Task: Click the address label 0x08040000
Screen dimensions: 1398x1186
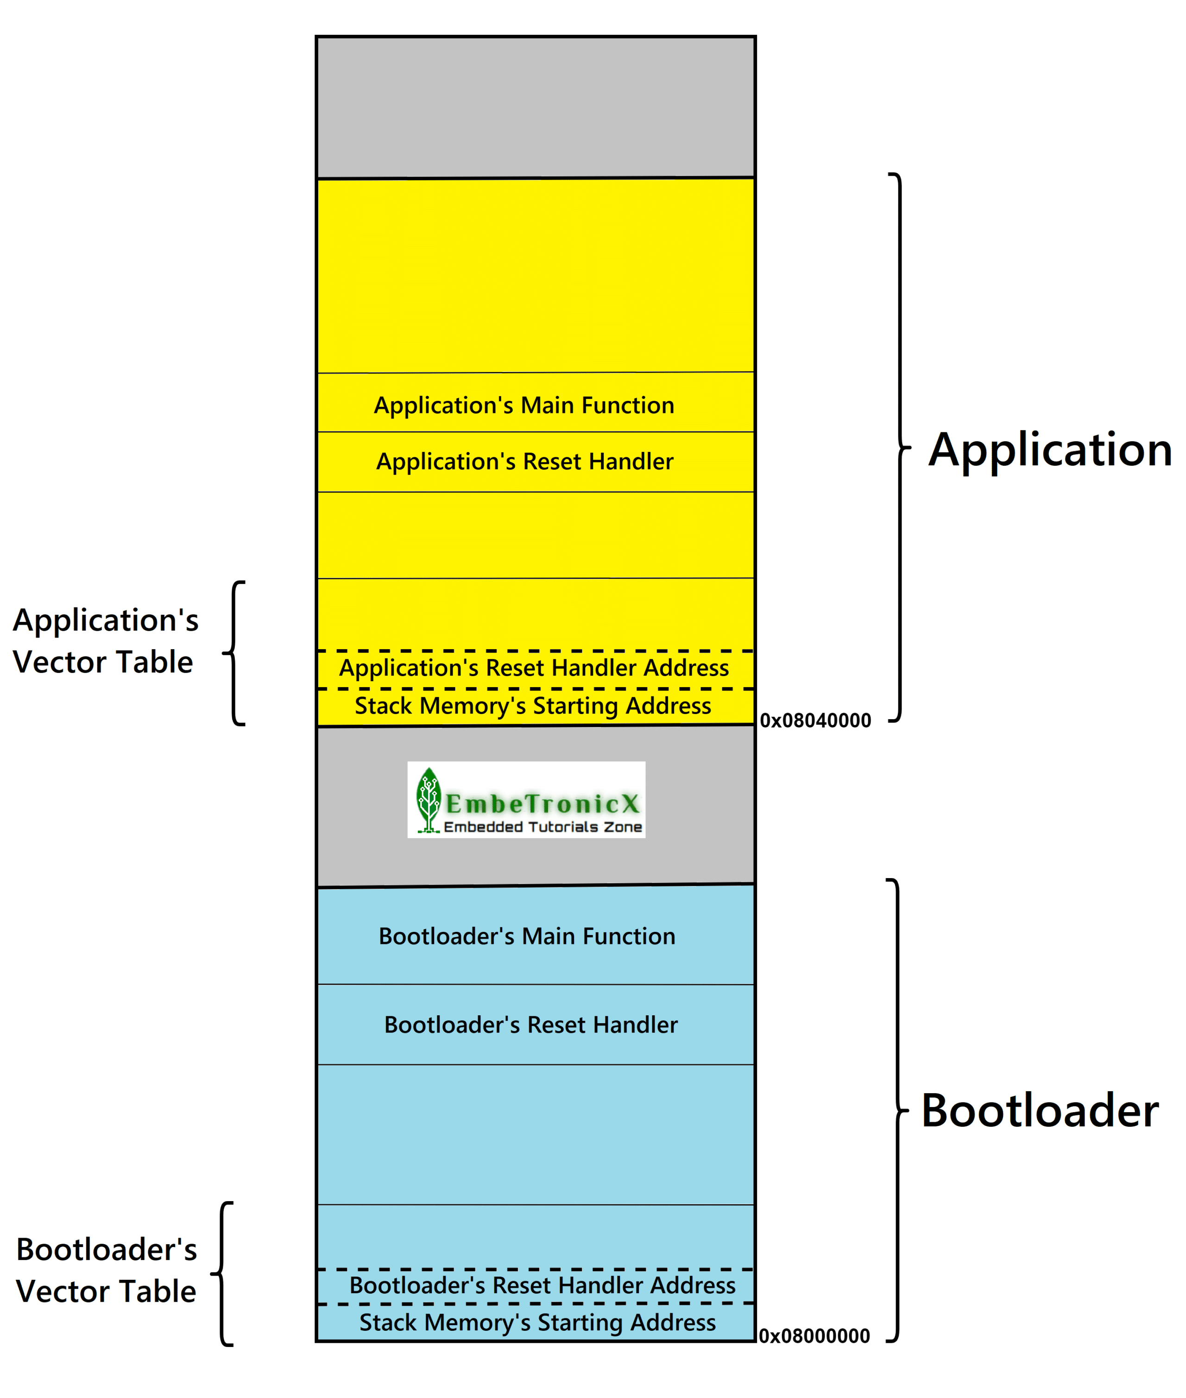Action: [815, 720]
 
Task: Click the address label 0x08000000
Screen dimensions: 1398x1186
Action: [814, 1335]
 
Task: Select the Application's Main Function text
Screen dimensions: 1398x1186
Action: [524, 405]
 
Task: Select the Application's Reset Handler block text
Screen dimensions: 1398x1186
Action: [524, 462]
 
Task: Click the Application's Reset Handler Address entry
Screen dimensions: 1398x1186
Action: [534, 668]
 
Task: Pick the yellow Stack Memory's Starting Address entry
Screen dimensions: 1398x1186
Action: [532, 705]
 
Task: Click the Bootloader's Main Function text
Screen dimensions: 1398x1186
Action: [526, 936]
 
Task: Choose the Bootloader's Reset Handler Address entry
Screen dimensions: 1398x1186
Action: [542, 1285]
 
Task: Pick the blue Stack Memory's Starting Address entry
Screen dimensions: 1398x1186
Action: [537, 1322]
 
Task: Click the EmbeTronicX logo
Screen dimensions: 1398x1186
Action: [526, 799]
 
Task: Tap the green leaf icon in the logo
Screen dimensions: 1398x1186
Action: [428, 798]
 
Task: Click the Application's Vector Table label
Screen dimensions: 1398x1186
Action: [106, 640]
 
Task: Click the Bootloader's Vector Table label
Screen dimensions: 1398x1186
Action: [106, 1270]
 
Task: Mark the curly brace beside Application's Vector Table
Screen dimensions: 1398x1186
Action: [234, 653]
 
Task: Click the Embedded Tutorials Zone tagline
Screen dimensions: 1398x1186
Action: [543, 826]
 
